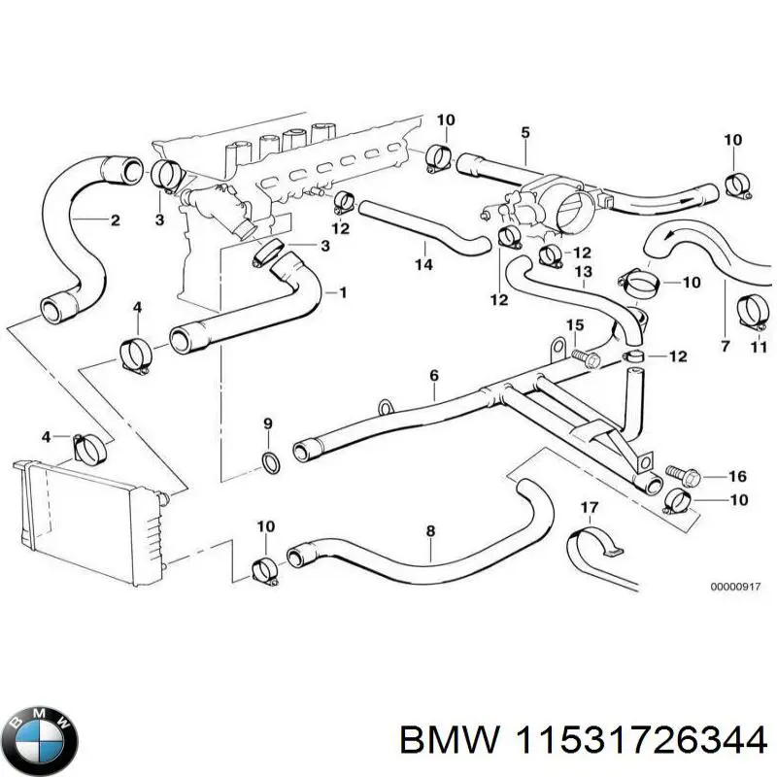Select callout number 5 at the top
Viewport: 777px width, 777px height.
coord(525,132)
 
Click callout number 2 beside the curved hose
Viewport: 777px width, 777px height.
coord(115,220)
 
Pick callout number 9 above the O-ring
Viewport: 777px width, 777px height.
coord(268,423)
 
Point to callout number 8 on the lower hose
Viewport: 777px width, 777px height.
coord(430,531)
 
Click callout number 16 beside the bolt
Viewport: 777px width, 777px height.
coord(737,476)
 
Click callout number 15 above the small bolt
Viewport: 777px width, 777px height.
coord(575,324)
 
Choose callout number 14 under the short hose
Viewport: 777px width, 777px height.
coord(424,263)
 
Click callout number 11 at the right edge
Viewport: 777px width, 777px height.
coord(760,346)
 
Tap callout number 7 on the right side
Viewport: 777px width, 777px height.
coord(724,346)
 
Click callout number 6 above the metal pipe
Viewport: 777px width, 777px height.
coord(433,375)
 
